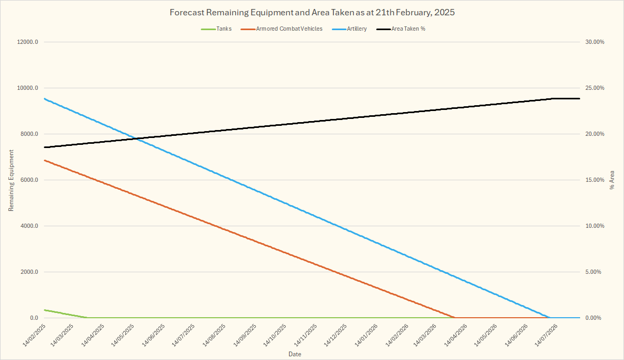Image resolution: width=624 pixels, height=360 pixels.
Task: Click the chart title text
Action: (x=312, y=12)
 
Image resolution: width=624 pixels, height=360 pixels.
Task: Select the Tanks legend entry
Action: (x=224, y=29)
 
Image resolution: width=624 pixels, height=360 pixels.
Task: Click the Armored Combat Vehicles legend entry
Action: (x=289, y=29)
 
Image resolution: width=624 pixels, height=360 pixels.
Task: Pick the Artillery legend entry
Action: (x=358, y=29)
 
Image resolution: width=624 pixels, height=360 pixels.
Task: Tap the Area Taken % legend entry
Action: (x=408, y=29)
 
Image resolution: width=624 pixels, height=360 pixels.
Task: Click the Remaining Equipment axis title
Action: (x=11, y=180)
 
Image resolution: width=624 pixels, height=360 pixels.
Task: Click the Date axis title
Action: (x=295, y=353)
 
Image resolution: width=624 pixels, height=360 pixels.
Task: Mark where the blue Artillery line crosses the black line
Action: (x=136, y=139)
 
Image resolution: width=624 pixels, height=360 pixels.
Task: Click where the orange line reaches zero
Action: (x=455, y=318)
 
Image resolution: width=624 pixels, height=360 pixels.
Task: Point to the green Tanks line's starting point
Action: (x=45, y=310)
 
